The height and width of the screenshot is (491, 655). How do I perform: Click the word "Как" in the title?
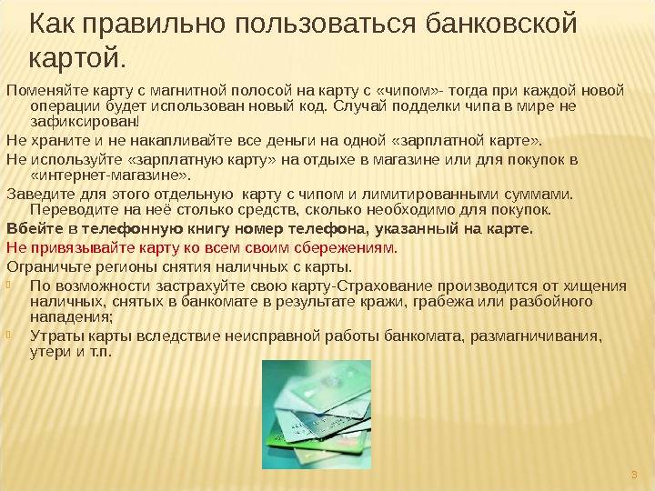(x=53, y=24)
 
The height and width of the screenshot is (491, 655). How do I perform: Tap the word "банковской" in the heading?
(x=501, y=24)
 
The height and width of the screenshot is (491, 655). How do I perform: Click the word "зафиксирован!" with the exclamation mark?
(x=85, y=122)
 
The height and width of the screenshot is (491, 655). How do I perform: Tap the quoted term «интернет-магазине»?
(x=110, y=175)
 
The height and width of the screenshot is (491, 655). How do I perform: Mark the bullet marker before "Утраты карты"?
(x=9, y=335)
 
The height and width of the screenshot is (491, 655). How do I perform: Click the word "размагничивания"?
(x=536, y=336)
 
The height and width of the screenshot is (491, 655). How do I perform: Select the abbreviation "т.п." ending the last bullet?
(x=100, y=352)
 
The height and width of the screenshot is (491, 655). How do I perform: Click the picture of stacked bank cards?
(x=317, y=415)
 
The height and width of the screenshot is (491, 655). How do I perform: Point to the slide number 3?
(x=634, y=476)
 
